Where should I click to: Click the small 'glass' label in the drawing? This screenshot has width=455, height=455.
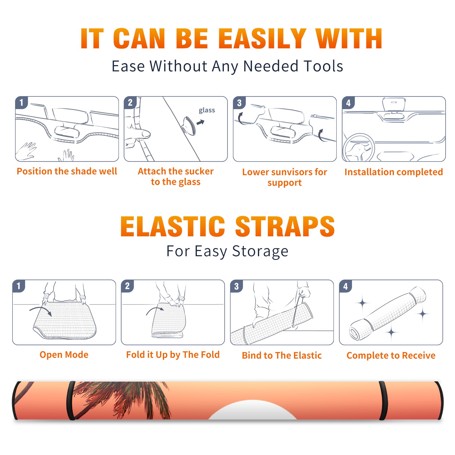click(207, 110)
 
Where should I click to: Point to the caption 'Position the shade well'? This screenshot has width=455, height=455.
click(67, 171)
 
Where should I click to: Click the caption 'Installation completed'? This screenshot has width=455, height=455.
click(394, 172)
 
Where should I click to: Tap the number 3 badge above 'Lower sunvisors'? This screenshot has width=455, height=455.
click(239, 103)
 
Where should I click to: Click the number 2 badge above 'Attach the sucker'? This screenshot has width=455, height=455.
click(130, 102)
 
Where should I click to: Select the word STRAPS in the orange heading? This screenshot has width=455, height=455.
click(285, 226)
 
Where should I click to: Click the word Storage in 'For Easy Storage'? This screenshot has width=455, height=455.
click(260, 251)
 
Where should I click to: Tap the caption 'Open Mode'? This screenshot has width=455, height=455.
click(64, 355)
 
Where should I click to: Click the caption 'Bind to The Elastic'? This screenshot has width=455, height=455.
click(282, 355)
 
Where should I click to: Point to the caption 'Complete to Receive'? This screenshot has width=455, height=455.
click(391, 355)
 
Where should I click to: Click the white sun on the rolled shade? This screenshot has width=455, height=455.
click(252, 410)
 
